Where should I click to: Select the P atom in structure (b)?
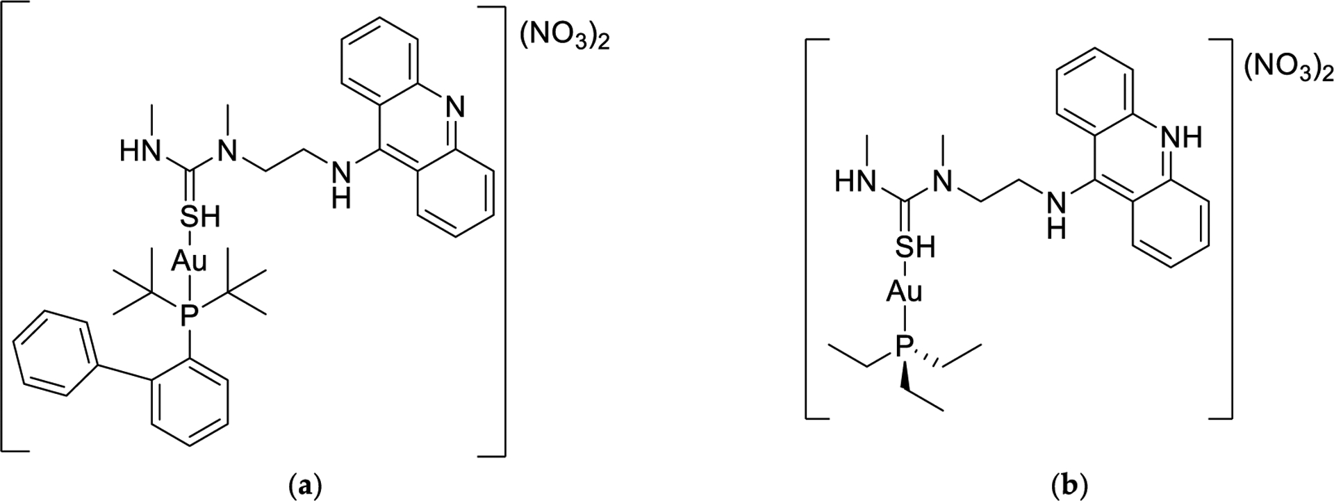[x=902, y=346]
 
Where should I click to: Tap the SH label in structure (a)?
[x=199, y=217]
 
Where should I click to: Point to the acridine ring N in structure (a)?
[x=454, y=106]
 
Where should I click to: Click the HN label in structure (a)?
[x=135, y=151]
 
